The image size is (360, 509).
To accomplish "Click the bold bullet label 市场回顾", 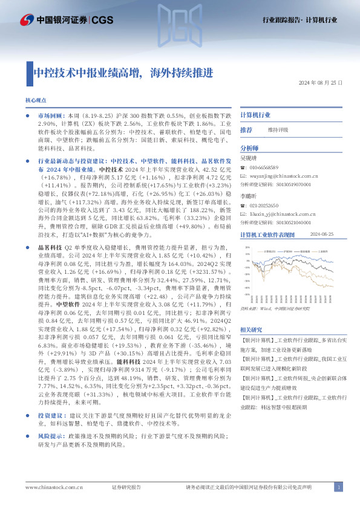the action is click(51, 115).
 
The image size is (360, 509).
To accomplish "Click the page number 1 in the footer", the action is click(339, 487).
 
